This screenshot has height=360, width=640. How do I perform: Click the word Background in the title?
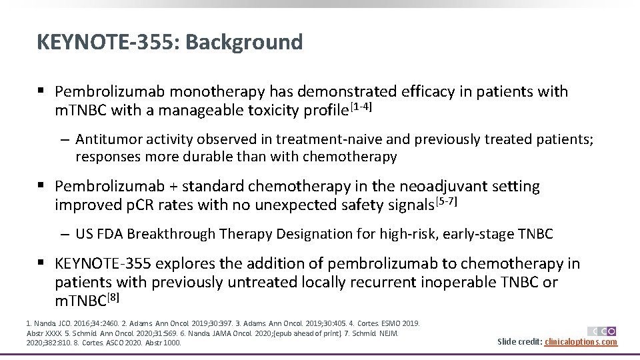244,42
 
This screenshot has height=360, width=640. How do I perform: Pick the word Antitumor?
107,139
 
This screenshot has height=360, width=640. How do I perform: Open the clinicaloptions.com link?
580,342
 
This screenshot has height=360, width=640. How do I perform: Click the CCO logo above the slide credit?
601,331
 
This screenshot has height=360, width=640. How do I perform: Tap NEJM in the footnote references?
388,333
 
